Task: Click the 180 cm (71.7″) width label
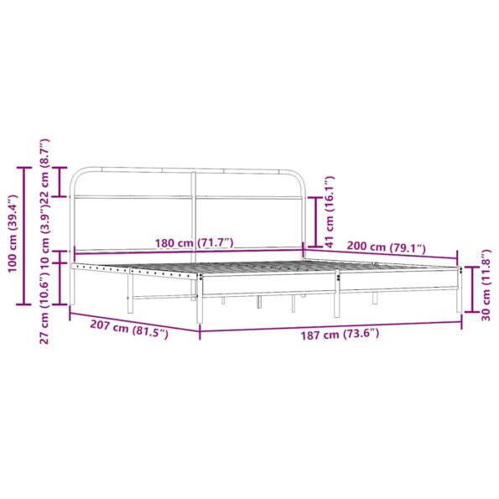[x=194, y=243]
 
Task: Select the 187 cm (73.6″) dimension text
[x=340, y=334]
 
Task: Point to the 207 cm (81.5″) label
[x=130, y=325]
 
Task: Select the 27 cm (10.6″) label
[x=45, y=314]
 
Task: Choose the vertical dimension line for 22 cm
[x=60, y=181]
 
